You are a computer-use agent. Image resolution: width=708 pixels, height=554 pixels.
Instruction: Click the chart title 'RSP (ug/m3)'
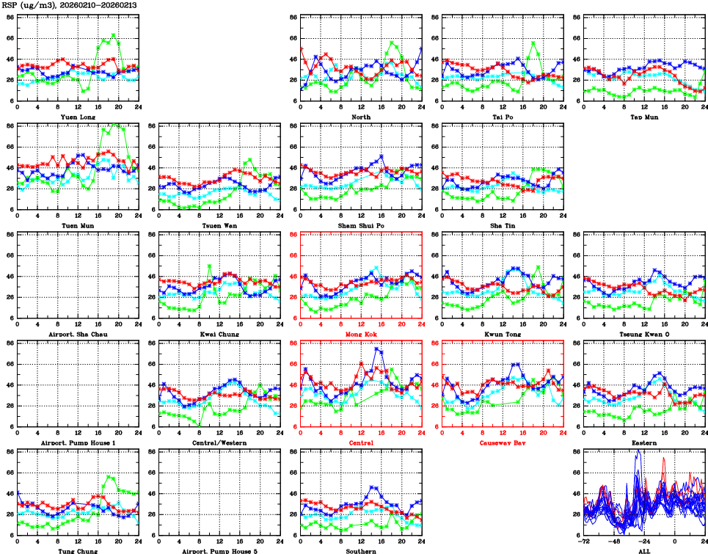coord(26,5)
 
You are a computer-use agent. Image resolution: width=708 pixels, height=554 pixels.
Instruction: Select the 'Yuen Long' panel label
coord(78,117)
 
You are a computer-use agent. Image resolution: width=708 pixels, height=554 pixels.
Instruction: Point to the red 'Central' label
coord(361,442)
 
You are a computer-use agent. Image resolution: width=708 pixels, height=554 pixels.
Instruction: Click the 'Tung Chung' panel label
coord(78,550)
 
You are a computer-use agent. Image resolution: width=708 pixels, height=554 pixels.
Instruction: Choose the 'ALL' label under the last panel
coord(643,550)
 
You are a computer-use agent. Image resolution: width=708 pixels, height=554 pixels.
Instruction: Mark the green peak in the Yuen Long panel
coord(114,34)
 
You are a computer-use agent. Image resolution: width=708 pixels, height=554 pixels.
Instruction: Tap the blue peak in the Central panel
coord(379,349)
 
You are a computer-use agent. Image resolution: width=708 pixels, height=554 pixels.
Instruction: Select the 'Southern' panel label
coord(361,550)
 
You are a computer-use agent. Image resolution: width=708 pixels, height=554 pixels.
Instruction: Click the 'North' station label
coord(361,117)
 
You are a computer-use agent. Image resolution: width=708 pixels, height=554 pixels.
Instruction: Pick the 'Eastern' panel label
coord(643,442)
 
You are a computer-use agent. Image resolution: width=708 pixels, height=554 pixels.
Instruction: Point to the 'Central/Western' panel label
coord(219,442)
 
